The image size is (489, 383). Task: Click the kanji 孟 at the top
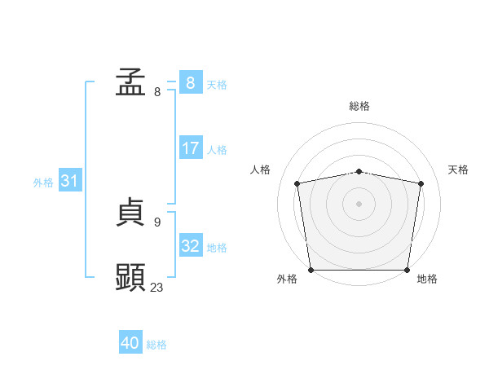(130, 83)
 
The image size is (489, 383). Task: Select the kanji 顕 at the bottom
(130, 277)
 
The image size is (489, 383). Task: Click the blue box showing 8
(190, 83)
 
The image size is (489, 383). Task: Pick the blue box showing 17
(190, 148)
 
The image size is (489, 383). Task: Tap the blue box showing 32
(191, 245)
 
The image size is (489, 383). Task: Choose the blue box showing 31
(69, 181)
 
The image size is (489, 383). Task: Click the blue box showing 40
(130, 343)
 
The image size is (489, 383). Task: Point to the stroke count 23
(157, 287)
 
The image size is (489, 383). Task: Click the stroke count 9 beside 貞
(157, 222)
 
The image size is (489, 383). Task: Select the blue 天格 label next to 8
(217, 85)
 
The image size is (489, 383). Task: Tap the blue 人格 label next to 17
(217, 150)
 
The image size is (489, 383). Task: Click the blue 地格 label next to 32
(217, 248)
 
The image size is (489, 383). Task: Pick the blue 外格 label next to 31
(43, 183)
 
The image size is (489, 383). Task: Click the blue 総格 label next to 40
(156, 345)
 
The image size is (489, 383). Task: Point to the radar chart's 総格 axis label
(359, 106)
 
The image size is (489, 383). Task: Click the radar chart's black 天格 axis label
(459, 169)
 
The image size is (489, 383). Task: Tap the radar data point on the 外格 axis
(311, 270)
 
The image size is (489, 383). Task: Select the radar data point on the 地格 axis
(407, 270)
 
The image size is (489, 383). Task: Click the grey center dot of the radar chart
(359, 203)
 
